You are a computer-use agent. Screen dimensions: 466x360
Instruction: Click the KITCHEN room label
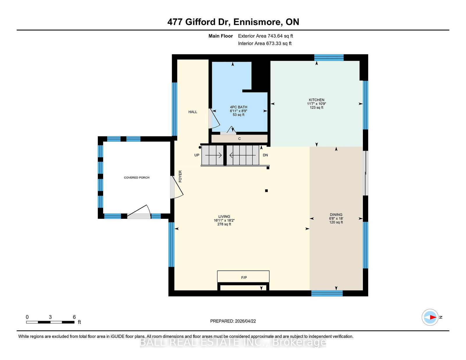pyautogui.click(x=316, y=100)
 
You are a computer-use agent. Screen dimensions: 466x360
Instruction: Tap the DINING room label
pyautogui.click(x=336, y=214)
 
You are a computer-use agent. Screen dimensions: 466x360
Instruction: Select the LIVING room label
pyautogui.click(x=224, y=217)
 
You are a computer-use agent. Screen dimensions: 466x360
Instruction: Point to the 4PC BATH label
pyautogui.click(x=239, y=107)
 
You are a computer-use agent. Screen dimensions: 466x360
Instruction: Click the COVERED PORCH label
pyautogui.click(x=137, y=178)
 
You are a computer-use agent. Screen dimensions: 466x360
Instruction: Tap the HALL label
pyautogui.click(x=193, y=112)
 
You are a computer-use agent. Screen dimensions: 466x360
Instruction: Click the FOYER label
pyautogui.click(x=180, y=176)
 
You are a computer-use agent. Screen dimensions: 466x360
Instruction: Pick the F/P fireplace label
pyautogui.click(x=244, y=278)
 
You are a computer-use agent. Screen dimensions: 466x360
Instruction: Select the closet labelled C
pyautogui.click(x=239, y=139)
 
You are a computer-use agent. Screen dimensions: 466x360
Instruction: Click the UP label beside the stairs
pyautogui.click(x=197, y=155)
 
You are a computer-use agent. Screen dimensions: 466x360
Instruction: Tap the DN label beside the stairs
pyautogui.click(x=265, y=155)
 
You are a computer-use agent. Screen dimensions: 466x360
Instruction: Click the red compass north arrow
pyautogui.click(x=433, y=317)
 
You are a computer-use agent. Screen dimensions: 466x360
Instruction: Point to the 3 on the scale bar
pyautogui.click(x=50, y=317)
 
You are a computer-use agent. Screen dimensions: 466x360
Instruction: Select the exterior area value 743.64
pyautogui.click(x=275, y=36)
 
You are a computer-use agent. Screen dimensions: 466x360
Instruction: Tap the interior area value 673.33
pyautogui.click(x=273, y=43)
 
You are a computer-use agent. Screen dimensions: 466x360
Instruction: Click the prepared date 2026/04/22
pyautogui.click(x=245, y=321)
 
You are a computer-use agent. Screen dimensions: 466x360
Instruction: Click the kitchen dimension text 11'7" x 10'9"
pyautogui.click(x=316, y=104)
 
